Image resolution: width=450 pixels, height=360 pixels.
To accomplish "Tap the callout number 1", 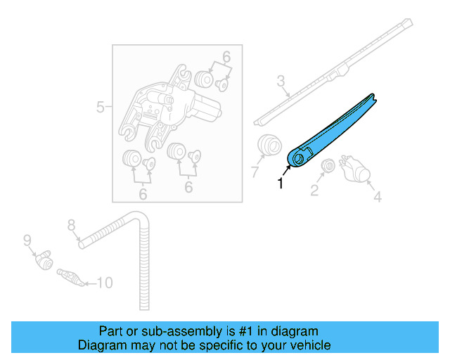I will tap(281, 184).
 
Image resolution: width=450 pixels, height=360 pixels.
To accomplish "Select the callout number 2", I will tap(314, 191).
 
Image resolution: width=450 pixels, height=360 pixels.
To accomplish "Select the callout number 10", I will tap(104, 283).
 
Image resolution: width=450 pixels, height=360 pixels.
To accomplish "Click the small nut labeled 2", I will tap(327, 167).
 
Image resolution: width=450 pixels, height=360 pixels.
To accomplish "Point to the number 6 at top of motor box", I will tap(226, 57).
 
